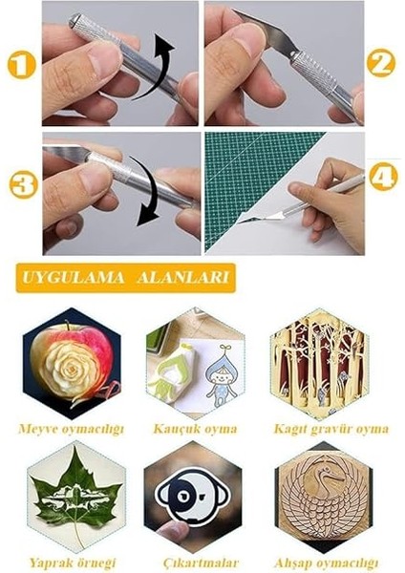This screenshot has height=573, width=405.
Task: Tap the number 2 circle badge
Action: point(382,64)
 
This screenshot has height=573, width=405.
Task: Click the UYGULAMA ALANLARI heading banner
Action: point(125,279)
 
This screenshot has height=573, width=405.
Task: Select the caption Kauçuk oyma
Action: point(195,429)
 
